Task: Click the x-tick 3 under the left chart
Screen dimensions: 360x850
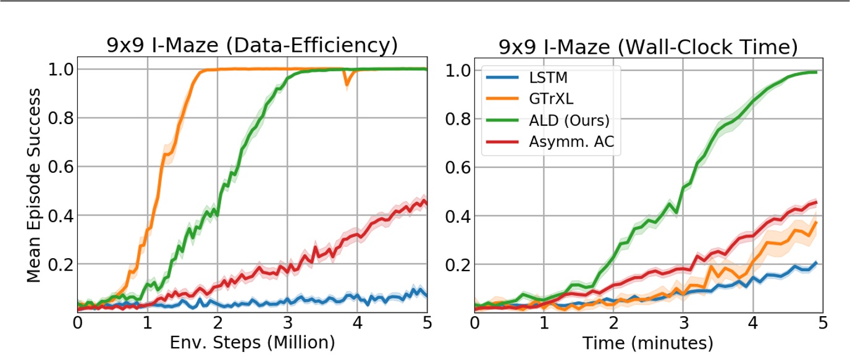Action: [287, 323]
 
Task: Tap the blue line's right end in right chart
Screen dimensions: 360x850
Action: [817, 262]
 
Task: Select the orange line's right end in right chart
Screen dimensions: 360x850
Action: [817, 222]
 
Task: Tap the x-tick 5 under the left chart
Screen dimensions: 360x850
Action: [427, 323]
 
